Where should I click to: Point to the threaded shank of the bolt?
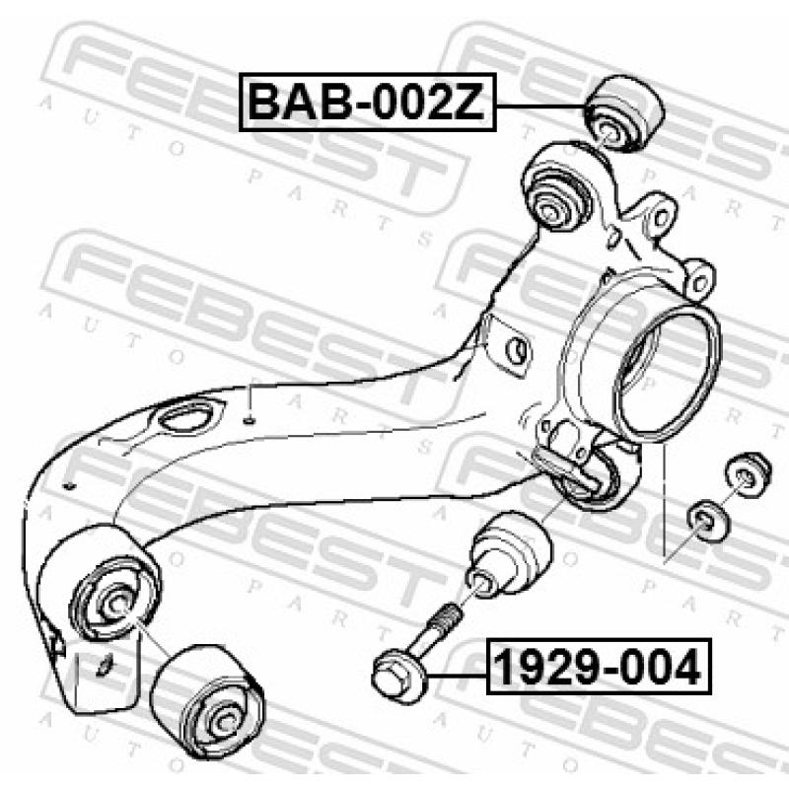click(x=440, y=627)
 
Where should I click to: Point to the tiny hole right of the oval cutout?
click(x=250, y=420)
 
